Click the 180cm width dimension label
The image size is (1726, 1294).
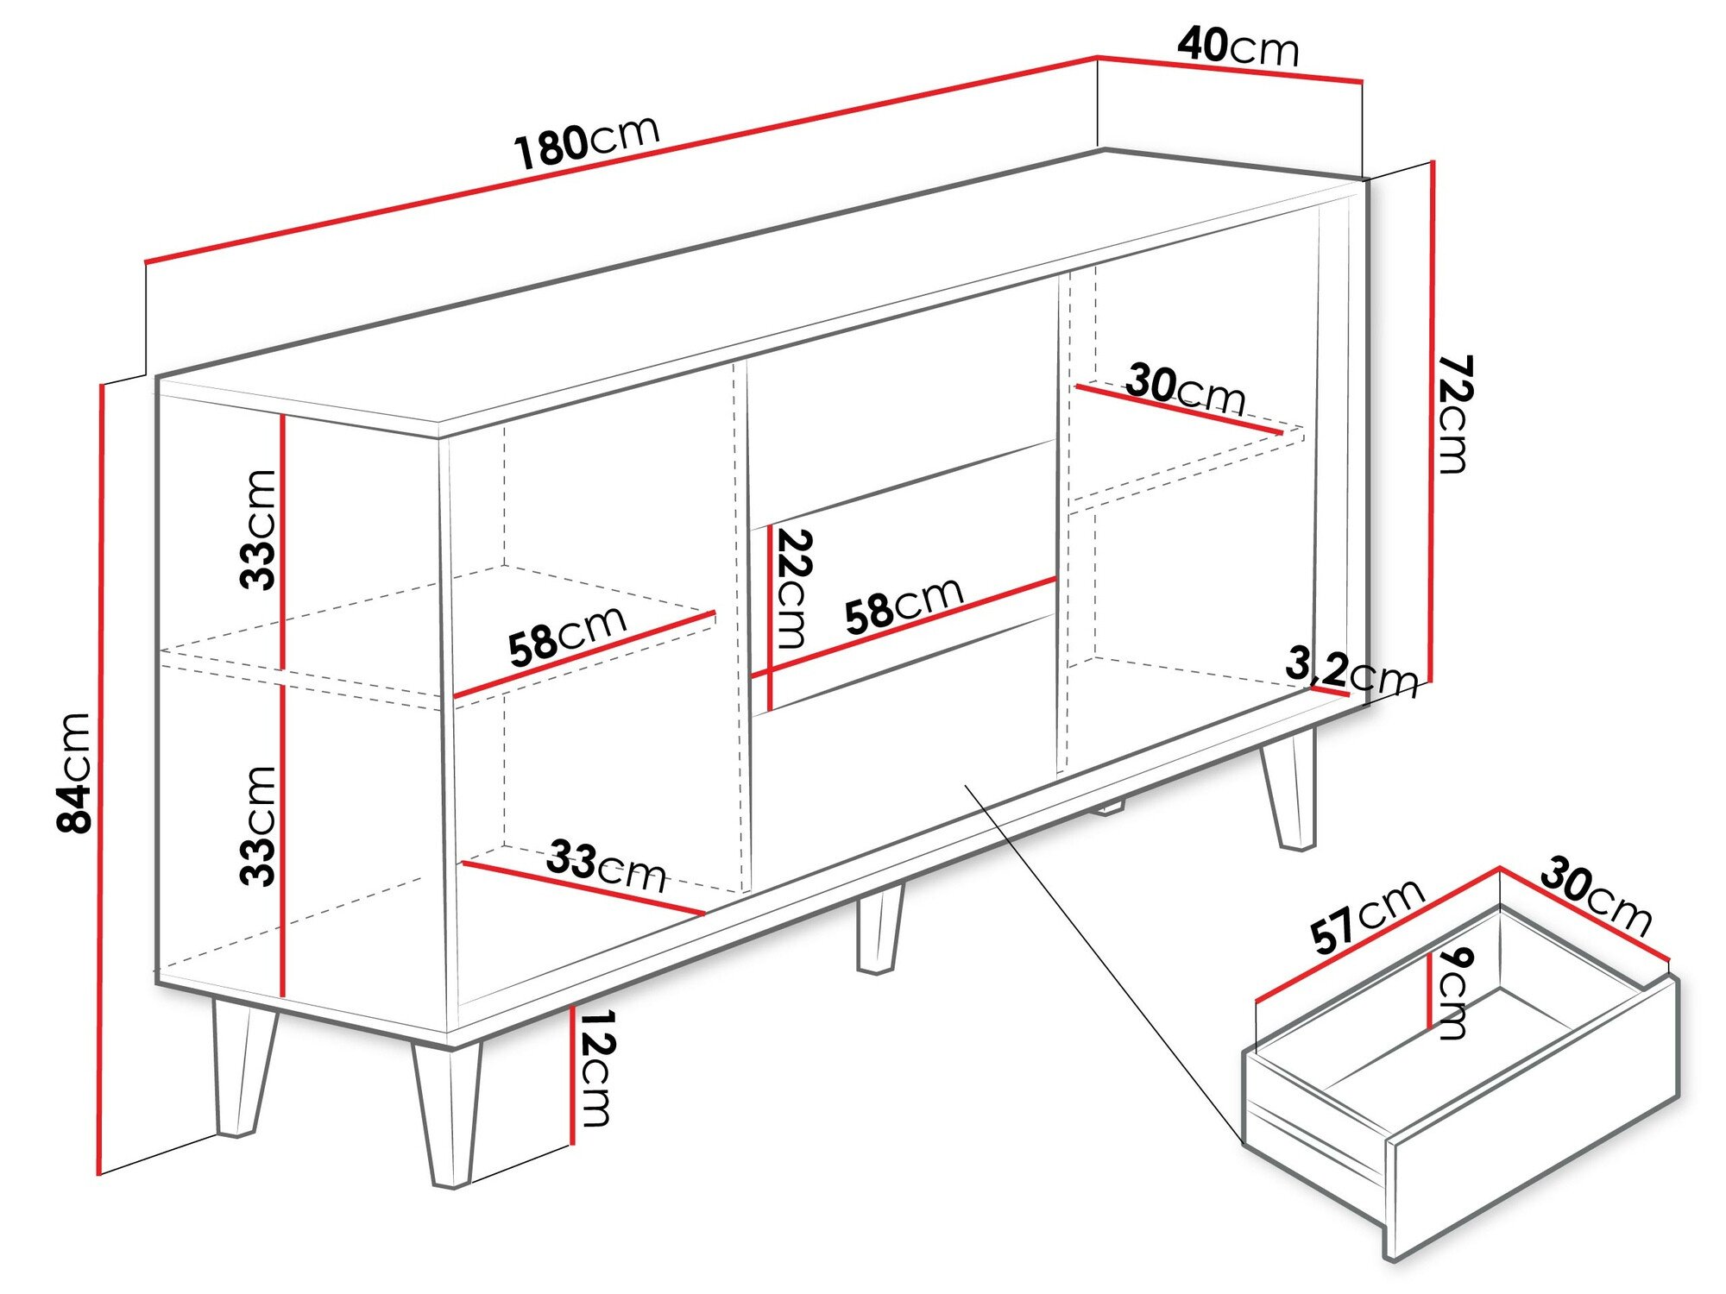(x=587, y=141)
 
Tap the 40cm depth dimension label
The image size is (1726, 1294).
(x=1238, y=47)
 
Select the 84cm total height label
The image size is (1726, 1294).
(x=74, y=772)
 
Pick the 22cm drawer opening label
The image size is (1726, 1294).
(x=792, y=588)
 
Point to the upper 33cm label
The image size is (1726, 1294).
(x=257, y=530)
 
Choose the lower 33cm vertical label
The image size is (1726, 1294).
(x=257, y=826)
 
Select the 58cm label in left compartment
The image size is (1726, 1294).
(x=567, y=637)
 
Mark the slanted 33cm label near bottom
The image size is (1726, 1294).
(x=606, y=866)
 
